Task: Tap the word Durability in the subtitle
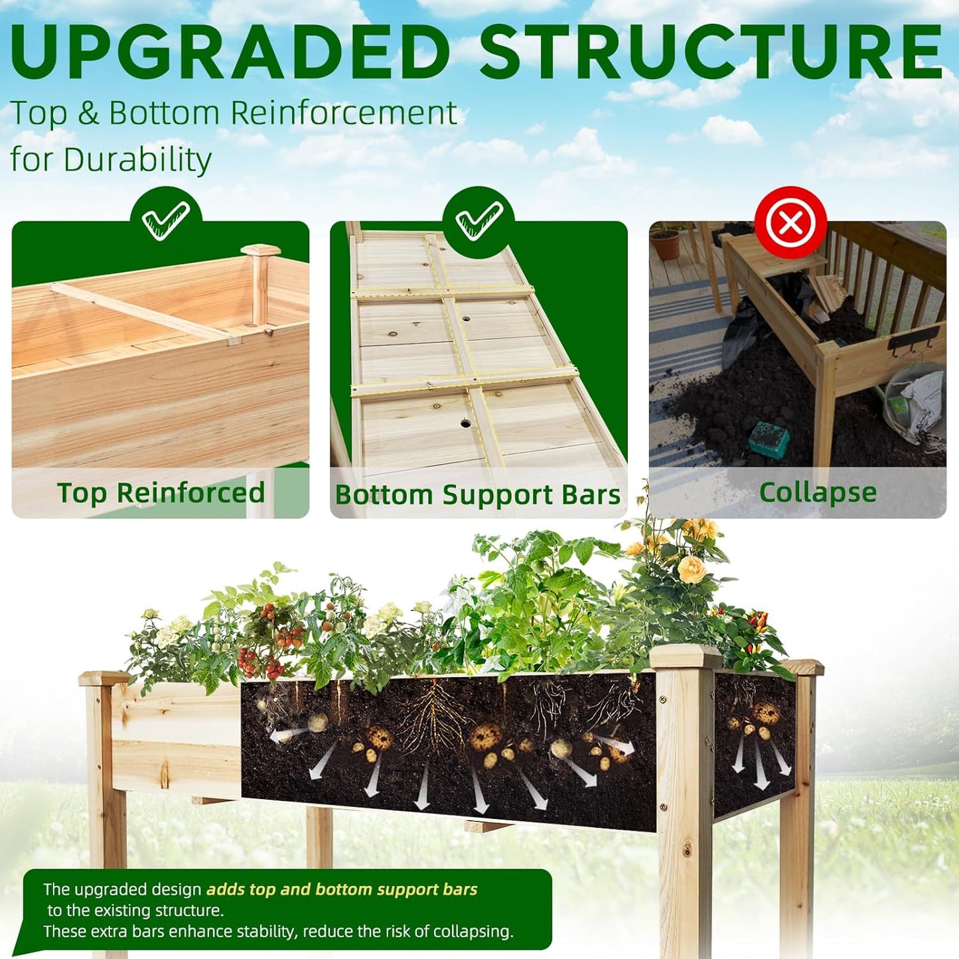(137, 160)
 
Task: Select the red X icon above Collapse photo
(790, 222)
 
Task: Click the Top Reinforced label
(161, 493)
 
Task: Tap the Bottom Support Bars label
(477, 495)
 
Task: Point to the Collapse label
(818, 492)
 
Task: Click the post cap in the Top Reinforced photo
(260, 251)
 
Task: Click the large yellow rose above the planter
(692, 569)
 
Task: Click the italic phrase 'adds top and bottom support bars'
(342, 889)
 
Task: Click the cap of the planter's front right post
(685, 657)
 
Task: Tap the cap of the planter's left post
(105, 678)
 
